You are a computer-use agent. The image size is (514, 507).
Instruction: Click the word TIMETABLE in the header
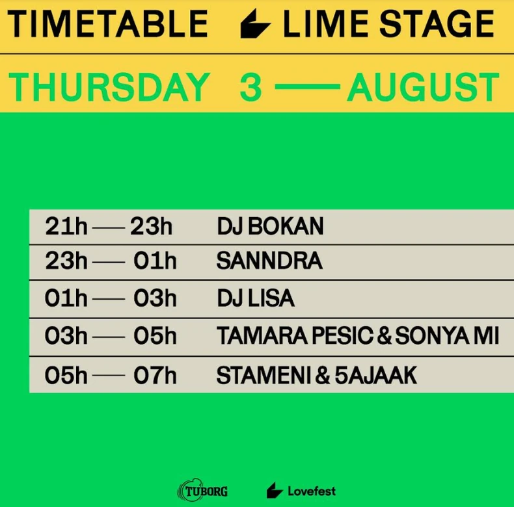click(108, 24)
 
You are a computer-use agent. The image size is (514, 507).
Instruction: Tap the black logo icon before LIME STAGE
click(255, 25)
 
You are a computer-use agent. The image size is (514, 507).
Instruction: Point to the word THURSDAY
click(109, 87)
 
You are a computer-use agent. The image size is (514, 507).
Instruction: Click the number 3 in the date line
click(250, 87)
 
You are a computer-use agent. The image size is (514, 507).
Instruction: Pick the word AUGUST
click(423, 87)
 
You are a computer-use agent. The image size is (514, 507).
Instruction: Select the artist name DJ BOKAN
click(270, 227)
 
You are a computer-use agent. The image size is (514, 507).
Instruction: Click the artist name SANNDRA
click(269, 261)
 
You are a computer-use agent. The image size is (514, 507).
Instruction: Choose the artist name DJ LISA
click(255, 298)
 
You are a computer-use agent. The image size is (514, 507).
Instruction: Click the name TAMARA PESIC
click(295, 336)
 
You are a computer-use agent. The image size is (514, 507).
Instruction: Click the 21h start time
click(66, 227)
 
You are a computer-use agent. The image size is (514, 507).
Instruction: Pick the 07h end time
click(155, 375)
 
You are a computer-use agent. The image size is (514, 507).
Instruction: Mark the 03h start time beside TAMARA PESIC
click(66, 336)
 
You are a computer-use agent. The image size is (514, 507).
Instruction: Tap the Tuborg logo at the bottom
click(202, 491)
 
